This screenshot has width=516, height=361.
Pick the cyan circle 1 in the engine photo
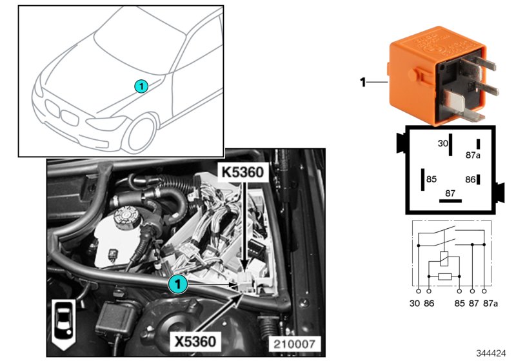click(x=177, y=284)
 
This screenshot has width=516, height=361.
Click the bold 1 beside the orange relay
click(x=362, y=82)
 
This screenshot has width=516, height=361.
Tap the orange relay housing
click(x=413, y=71)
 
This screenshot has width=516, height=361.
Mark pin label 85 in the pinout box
click(x=432, y=180)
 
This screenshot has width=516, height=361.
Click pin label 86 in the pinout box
click(x=470, y=180)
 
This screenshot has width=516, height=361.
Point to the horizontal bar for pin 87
click(x=450, y=200)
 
